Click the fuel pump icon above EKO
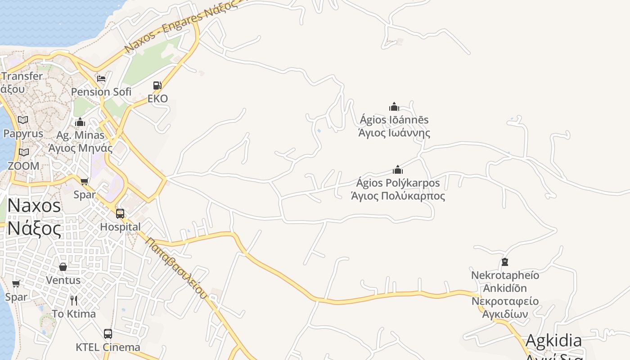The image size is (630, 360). click(157, 85)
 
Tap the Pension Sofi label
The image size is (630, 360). click(101, 92)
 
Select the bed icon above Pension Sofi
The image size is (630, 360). click(101, 78)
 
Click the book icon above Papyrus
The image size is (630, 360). click(23, 120)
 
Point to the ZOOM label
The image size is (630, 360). click(23, 166)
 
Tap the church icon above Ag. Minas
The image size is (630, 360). click(80, 122)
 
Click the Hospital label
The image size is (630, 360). click(120, 227)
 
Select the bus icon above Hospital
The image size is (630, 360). click(120, 213)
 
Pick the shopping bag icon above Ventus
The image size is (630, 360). click(63, 267)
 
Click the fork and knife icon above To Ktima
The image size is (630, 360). click(74, 301)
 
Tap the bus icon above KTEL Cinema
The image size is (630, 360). click(108, 334)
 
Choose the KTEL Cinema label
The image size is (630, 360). click(108, 347)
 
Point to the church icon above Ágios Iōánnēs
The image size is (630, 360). click(394, 107)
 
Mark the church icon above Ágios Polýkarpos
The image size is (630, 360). click(398, 170)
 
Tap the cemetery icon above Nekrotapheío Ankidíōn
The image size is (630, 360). click(505, 262)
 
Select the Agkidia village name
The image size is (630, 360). click(553, 341)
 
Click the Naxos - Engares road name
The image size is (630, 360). click(180, 27)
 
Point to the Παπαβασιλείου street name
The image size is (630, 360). click(176, 268)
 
